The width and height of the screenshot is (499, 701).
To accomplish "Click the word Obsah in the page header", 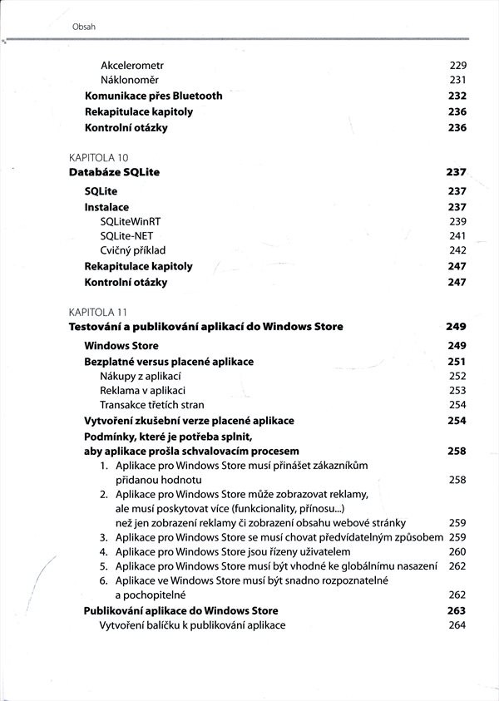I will (84, 27).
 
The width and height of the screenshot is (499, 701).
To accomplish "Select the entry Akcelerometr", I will (132, 65).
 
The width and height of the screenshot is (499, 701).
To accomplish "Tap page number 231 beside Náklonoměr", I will (457, 80).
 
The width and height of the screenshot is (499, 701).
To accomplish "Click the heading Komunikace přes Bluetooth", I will (153, 96).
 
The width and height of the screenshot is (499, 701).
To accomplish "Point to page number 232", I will (457, 96).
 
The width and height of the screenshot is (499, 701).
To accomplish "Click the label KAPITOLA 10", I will (97, 157).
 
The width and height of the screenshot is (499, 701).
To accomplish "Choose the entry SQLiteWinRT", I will (132, 221).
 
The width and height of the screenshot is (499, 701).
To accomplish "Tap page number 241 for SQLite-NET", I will (457, 236).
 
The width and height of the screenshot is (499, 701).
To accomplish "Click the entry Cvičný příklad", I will (133, 250).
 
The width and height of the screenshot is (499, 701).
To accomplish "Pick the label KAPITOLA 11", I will (97, 312).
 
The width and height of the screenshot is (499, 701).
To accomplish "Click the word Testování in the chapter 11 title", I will (98, 327).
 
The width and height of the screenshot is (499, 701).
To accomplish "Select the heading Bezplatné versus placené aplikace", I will (169, 362).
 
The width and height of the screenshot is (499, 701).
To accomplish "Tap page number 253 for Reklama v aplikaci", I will (457, 390).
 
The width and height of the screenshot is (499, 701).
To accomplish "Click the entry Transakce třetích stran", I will (151, 405).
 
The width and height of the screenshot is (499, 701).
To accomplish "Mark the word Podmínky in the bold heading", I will (110, 437).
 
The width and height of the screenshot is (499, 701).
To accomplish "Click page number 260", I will (457, 551).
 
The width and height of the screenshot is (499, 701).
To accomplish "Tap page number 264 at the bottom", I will (457, 625).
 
